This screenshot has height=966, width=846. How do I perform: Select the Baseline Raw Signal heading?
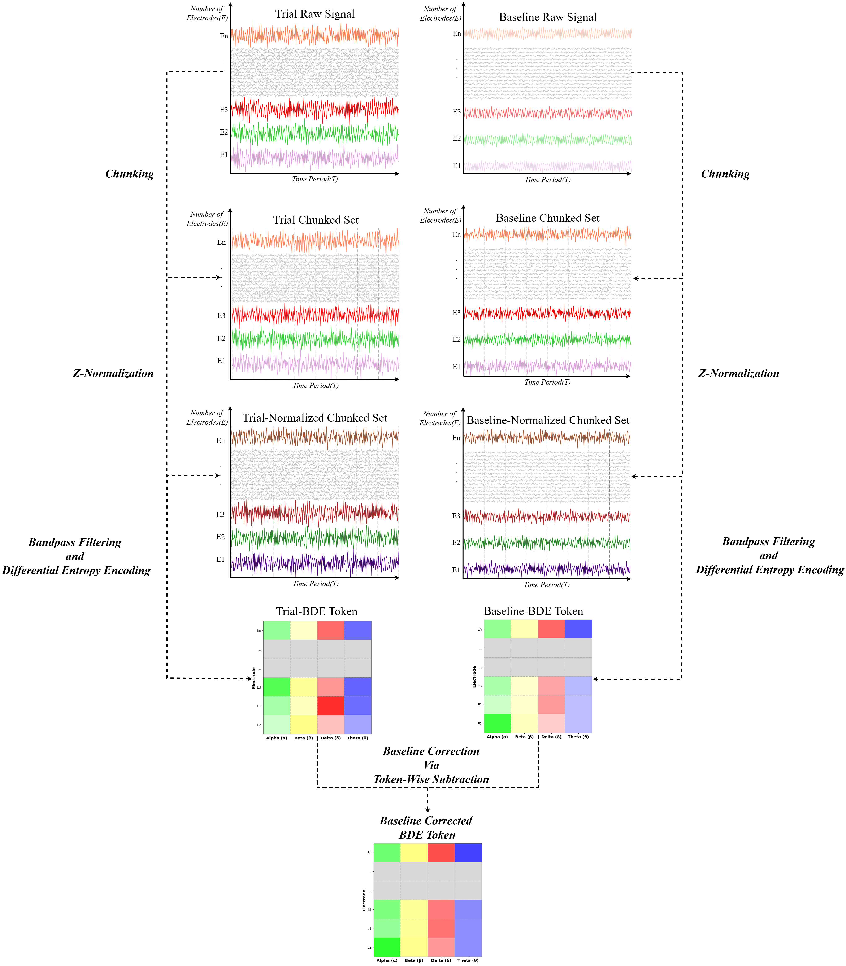tap(548, 17)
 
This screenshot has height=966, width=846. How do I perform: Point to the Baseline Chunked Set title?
tap(548, 218)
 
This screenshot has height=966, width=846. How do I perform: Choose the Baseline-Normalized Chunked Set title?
tap(548, 421)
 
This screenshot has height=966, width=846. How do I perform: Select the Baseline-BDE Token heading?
tap(533, 612)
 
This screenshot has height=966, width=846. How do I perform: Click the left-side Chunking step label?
tap(129, 174)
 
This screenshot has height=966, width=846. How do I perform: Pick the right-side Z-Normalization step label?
tap(738, 374)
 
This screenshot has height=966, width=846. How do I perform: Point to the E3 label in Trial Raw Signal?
tap(224, 110)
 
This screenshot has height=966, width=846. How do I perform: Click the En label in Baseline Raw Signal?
tap(456, 34)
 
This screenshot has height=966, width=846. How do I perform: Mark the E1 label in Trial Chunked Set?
tap(221, 361)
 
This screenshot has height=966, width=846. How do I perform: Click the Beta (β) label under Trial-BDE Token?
tap(304, 738)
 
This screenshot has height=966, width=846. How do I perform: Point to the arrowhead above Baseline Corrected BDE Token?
tap(427, 810)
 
